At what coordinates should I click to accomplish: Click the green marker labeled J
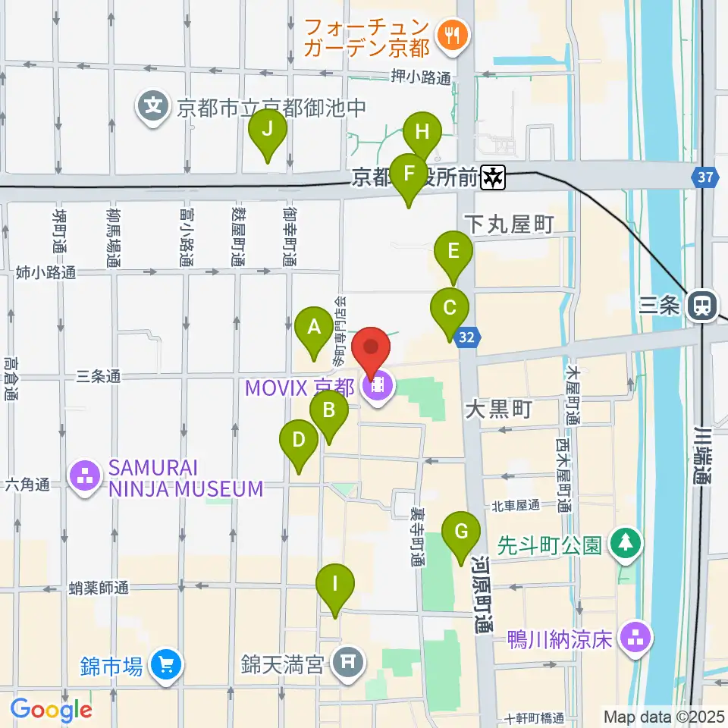click(267, 130)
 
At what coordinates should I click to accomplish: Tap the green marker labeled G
click(461, 532)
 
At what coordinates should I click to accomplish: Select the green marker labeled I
click(334, 585)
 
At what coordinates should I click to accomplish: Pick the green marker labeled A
click(313, 328)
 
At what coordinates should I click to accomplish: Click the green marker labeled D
click(299, 441)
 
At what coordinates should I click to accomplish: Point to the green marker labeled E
click(453, 251)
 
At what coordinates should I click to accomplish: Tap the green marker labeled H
click(422, 133)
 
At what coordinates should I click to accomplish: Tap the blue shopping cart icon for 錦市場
click(165, 666)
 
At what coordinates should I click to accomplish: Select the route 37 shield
click(705, 178)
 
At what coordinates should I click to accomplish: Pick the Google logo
click(52, 709)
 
